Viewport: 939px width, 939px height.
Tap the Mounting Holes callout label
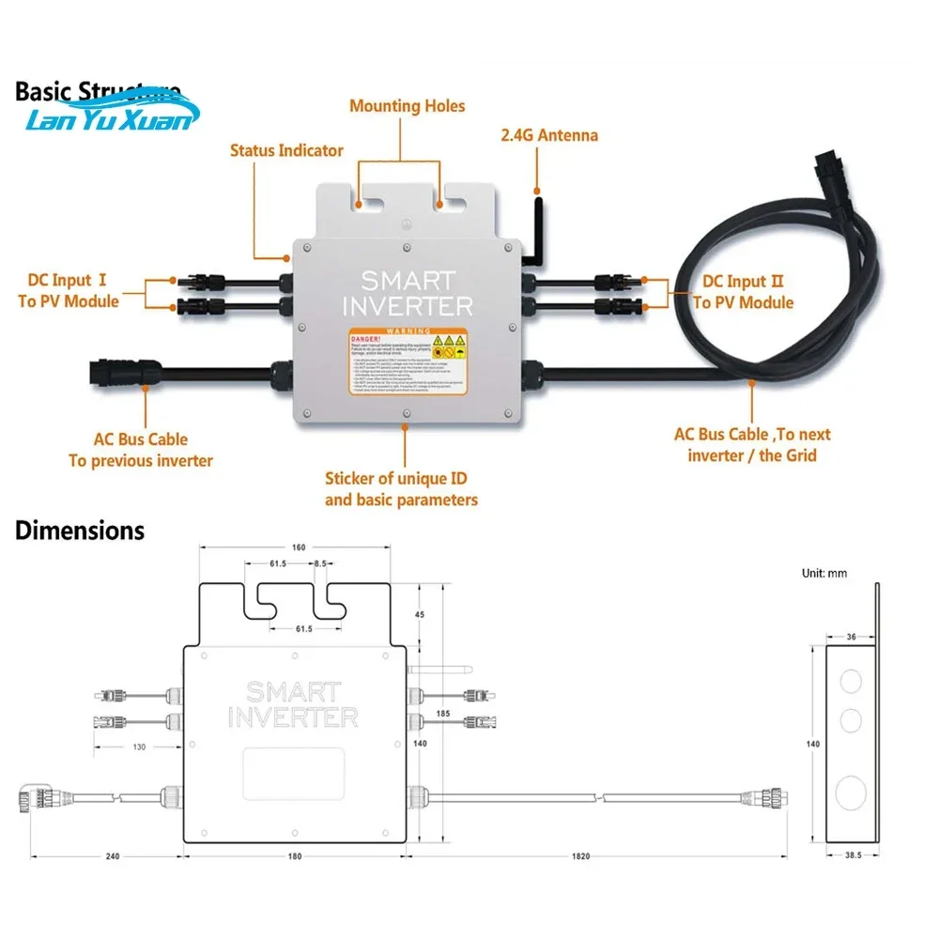[x=407, y=106]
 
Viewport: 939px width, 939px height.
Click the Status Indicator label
[x=286, y=150]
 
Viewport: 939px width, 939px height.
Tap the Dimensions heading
[x=80, y=531]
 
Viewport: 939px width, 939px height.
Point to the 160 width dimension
[x=299, y=548]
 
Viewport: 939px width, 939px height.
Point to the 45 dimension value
[x=419, y=615]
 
